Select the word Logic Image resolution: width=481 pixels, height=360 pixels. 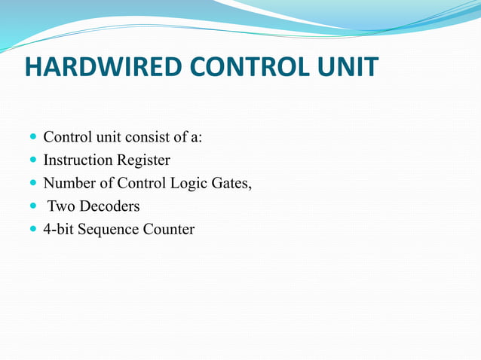tap(189, 184)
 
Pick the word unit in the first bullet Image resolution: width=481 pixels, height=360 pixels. tap(104, 138)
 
